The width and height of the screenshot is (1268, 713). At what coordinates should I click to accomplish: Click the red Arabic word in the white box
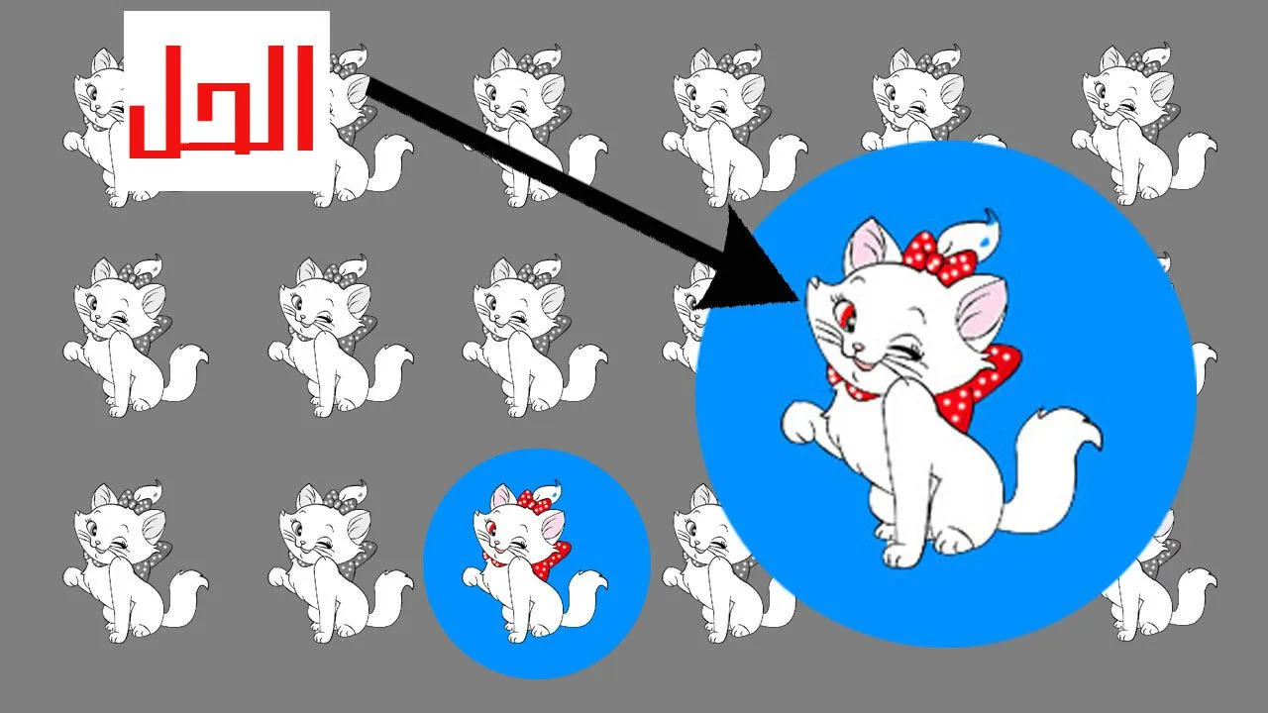[x=222, y=101]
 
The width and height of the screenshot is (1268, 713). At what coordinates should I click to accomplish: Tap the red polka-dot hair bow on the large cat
[x=938, y=257]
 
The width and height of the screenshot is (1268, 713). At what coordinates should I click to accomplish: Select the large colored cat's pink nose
[x=859, y=346]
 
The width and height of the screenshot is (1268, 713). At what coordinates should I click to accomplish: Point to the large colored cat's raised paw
[x=802, y=421]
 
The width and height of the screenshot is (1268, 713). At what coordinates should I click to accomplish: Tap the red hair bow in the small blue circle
[x=533, y=502]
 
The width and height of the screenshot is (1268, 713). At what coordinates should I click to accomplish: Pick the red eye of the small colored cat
[x=491, y=529]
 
